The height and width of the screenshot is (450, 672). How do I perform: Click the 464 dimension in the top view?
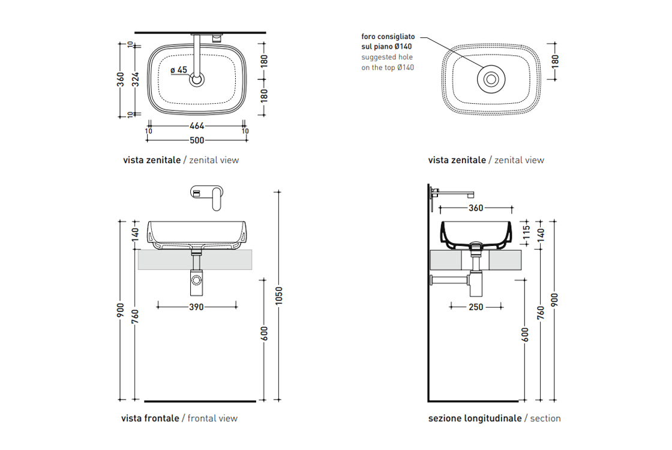[197, 126]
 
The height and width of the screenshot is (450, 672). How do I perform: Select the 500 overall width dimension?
[197, 140]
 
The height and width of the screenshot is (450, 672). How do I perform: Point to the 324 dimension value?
[136, 79]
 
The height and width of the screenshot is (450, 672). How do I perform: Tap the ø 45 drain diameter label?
[179, 70]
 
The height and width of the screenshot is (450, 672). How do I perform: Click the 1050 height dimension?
[278, 296]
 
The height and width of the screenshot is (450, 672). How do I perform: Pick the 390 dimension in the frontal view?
[196, 307]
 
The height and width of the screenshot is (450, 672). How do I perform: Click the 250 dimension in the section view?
[476, 307]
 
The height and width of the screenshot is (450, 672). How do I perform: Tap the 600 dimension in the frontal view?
[264, 334]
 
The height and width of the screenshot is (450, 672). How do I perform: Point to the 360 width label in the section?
[476, 208]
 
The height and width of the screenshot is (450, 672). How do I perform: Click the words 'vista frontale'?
[150, 418]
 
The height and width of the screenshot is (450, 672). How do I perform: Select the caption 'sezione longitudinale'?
[475, 418]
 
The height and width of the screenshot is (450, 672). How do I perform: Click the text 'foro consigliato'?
[388, 37]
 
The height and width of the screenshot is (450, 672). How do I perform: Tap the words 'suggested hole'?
[387, 57]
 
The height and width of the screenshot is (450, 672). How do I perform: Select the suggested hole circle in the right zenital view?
[491, 79]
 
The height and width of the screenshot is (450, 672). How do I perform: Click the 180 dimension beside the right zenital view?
[555, 61]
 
